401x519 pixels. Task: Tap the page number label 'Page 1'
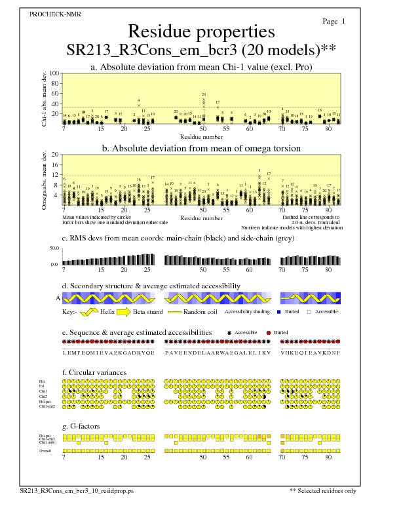335,22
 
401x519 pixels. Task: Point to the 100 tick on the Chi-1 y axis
55,73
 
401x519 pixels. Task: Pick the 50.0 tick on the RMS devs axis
54,248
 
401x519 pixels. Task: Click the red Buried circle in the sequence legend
269,332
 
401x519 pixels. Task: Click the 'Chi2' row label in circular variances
43,396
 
